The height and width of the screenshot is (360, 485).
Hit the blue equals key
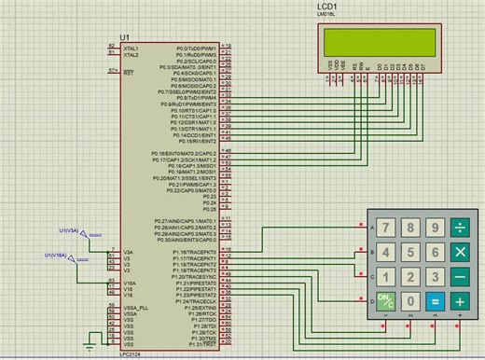tap(434, 301)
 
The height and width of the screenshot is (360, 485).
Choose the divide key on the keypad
tap(459, 228)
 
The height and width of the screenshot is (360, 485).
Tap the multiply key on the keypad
tap(459, 253)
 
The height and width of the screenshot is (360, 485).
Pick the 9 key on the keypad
tap(434, 228)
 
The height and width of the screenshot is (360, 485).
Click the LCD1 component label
tap(328, 7)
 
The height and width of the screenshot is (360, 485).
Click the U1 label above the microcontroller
tap(125, 36)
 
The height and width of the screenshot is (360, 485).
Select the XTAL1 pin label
tap(131, 48)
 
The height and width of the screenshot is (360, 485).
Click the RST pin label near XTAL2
tap(129, 71)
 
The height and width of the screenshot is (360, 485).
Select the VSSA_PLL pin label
tap(136, 307)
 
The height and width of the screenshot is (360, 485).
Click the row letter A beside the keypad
tap(372, 228)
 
